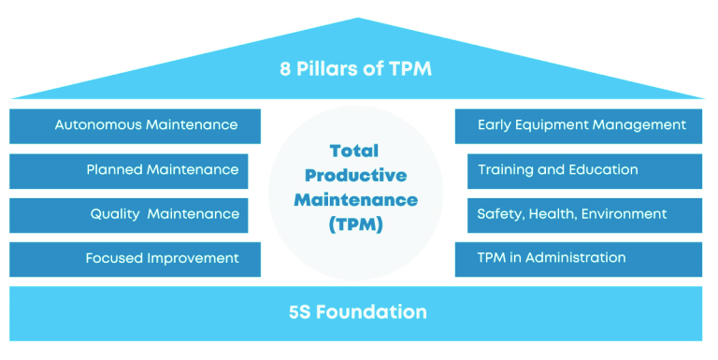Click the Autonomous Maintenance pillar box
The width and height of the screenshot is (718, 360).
(135, 125)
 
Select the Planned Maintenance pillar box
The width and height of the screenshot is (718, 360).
(135, 170)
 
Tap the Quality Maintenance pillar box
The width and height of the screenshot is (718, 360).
(135, 214)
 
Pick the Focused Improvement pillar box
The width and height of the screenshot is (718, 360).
(135, 258)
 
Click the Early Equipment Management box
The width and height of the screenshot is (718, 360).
(578, 125)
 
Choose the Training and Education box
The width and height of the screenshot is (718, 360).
(578, 170)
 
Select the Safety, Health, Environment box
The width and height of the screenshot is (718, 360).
(578, 214)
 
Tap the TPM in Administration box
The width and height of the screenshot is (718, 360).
(578, 258)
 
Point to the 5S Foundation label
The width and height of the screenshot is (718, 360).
(358, 311)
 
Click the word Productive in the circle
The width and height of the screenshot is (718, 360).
(355, 175)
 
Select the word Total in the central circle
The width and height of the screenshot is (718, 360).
(355, 151)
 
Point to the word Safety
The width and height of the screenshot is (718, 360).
(499, 214)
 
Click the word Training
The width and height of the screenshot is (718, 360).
(506, 170)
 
